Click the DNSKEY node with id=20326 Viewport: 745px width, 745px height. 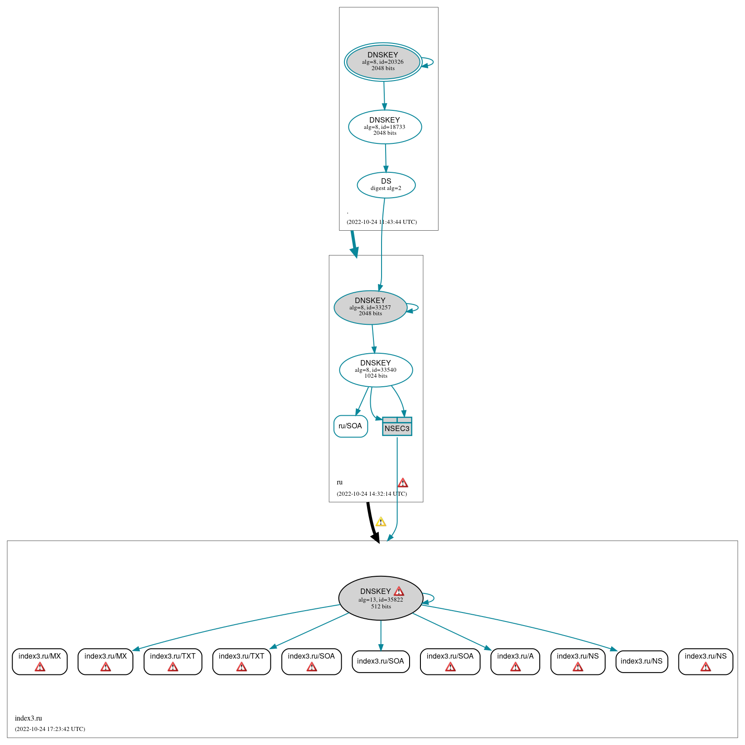[x=383, y=62]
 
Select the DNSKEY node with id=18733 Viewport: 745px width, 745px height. [x=385, y=127]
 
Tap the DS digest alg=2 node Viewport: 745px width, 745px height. [x=386, y=185]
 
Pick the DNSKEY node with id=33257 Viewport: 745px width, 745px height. [x=370, y=307]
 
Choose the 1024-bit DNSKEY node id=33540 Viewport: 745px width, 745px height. [x=376, y=370]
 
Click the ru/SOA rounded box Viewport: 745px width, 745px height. [x=350, y=426]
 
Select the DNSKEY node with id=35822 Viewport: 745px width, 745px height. [x=381, y=598]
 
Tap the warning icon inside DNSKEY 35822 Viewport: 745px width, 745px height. [x=399, y=591]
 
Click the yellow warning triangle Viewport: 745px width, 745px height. [x=381, y=522]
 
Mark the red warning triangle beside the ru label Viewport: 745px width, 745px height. [x=403, y=483]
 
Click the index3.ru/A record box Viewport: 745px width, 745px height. [x=515, y=661]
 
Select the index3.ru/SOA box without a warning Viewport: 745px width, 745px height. [x=381, y=661]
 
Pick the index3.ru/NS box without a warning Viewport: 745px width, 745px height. [x=641, y=661]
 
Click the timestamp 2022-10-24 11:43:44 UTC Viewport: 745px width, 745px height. [x=382, y=222]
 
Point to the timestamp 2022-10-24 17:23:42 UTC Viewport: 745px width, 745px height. [x=50, y=729]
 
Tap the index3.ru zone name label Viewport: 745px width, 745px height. [x=28, y=718]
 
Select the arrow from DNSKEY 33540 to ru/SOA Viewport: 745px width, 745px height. [x=362, y=402]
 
